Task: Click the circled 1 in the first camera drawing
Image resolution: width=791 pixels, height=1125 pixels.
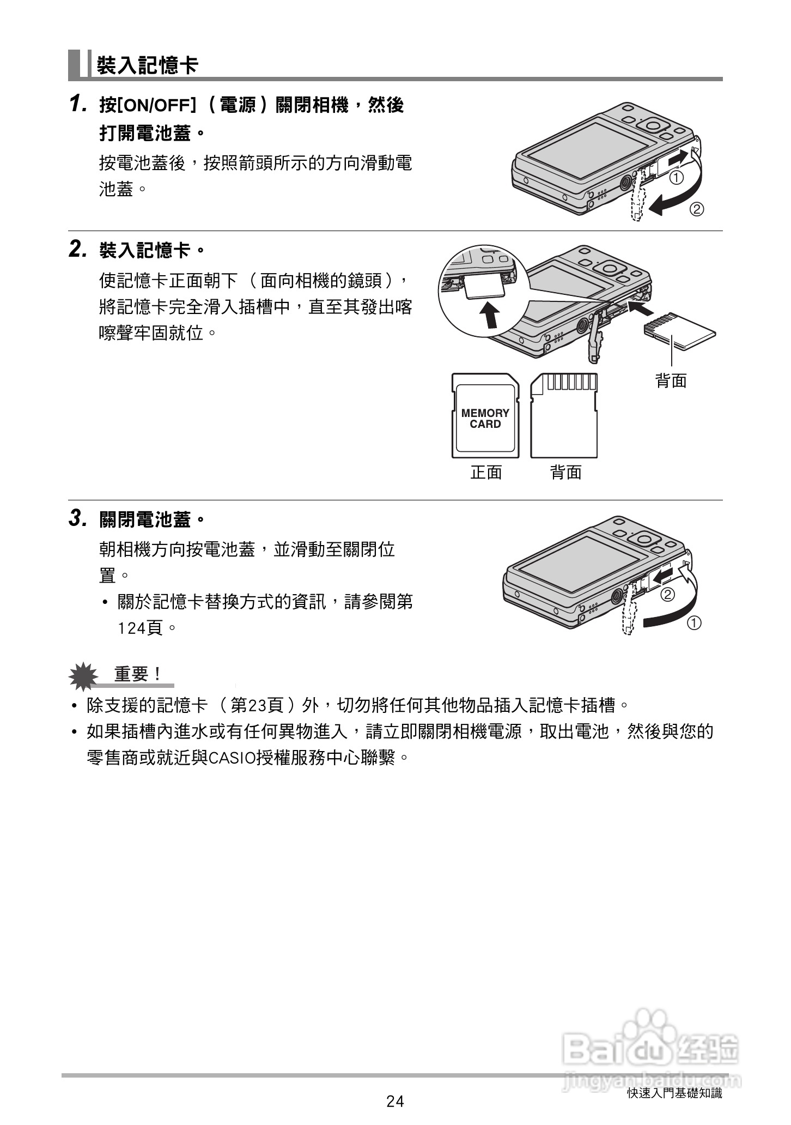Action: pos(676,178)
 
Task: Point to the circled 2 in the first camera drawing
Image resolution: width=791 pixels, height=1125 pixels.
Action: pos(697,209)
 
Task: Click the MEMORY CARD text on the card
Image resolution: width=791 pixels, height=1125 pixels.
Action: pos(485,419)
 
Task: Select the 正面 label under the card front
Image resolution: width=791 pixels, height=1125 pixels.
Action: pos(486,472)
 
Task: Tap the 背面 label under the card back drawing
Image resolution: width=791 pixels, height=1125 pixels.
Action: pos(566,472)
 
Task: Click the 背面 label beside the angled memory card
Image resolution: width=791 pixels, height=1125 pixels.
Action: pos(671,380)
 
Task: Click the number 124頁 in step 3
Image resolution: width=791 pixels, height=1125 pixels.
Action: pos(141,628)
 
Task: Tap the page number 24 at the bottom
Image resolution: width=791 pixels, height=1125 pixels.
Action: pos(395,1101)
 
